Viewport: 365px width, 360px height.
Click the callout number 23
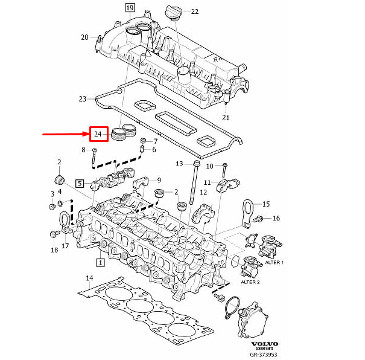[x=83, y=98]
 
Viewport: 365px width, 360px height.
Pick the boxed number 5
[x=79, y=182]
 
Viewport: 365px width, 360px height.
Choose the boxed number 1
[x=100, y=263]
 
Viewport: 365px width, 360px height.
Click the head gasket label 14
[x=89, y=279]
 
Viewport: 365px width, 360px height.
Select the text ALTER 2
[x=251, y=282]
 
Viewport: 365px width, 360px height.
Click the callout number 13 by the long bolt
[x=179, y=164]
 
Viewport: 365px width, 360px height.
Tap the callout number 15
[x=266, y=204]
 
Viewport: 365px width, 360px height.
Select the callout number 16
[x=276, y=218]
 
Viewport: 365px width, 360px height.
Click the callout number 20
[x=85, y=37]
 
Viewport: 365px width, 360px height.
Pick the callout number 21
[x=226, y=117]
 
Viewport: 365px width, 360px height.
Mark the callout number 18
[x=54, y=249]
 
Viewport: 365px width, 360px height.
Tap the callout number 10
[x=210, y=166]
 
